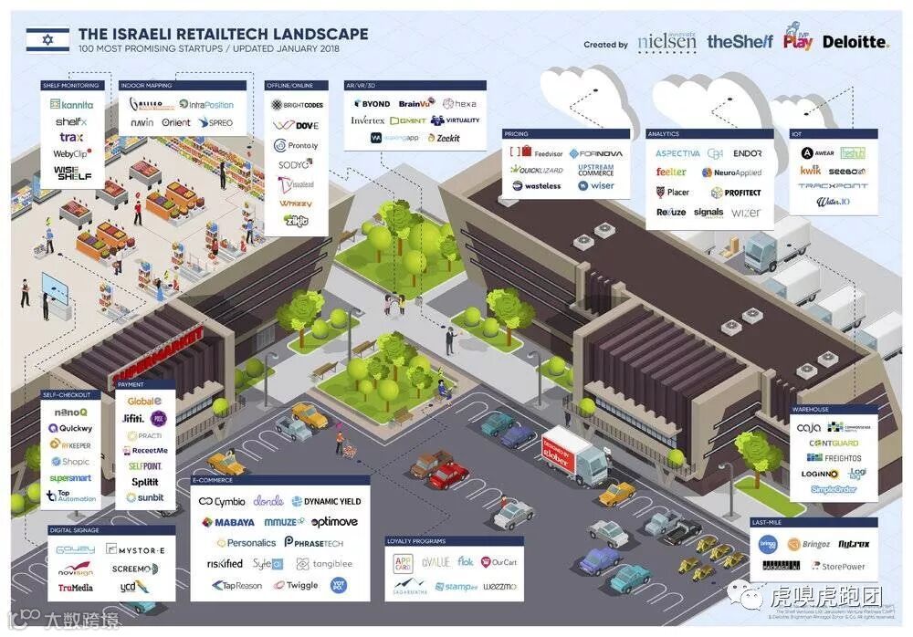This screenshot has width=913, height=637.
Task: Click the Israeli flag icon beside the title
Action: click(47, 38)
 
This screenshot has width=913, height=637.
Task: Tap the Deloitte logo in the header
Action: click(855, 42)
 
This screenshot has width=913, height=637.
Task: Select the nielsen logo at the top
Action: click(666, 42)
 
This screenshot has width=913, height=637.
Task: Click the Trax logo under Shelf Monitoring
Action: click(71, 138)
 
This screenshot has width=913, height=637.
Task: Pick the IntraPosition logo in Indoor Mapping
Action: click(206, 105)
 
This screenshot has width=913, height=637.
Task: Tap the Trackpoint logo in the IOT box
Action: click(833, 186)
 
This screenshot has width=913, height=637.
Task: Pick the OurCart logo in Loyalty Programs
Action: click(498, 562)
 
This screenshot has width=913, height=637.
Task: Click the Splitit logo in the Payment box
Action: click(144, 482)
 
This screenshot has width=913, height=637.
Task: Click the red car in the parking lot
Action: click(448, 475)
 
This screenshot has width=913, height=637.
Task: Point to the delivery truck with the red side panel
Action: click(573, 455)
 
